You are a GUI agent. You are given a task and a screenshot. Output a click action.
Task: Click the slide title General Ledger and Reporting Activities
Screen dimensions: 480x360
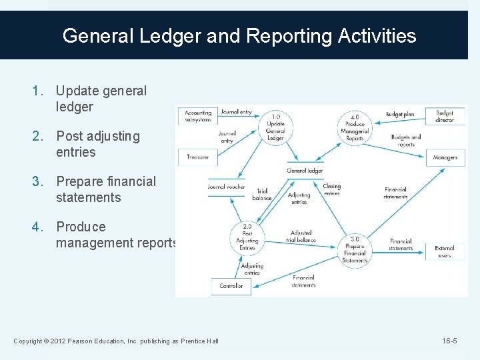(x=239, y=35)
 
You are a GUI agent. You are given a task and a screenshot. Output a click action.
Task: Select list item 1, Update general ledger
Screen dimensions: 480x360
(x=101, y=99)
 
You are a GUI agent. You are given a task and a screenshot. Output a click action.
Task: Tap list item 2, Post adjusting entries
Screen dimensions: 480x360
(x=98, y=144)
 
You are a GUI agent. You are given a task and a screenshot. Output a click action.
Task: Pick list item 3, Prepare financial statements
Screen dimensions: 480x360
(x=105, y=189)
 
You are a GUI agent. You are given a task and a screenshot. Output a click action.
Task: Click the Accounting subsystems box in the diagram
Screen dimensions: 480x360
(x=198, y=116)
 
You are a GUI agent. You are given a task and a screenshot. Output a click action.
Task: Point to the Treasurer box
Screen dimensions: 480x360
(x=197, y=157)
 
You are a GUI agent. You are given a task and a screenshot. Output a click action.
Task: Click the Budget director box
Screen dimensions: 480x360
(x=445, y=117)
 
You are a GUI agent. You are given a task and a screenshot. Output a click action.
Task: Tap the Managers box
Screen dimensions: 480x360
(x=445, y=157)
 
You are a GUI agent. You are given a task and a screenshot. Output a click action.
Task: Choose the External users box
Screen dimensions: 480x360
(x=445, y=251)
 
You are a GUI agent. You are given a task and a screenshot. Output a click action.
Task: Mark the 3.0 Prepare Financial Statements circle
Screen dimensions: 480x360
(x=355, y=249)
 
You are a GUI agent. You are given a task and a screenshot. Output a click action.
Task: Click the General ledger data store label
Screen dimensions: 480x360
(x=305, y=171)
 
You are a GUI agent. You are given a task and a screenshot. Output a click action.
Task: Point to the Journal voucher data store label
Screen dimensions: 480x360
(x=226, y=187)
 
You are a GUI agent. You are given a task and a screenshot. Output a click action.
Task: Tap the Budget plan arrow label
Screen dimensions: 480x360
(x=400, y=115)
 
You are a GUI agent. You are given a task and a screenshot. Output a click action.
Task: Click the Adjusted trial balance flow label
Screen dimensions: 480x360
(x=300, y=237)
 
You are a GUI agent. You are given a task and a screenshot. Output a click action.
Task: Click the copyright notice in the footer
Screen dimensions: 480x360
(x=116, y=341)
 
